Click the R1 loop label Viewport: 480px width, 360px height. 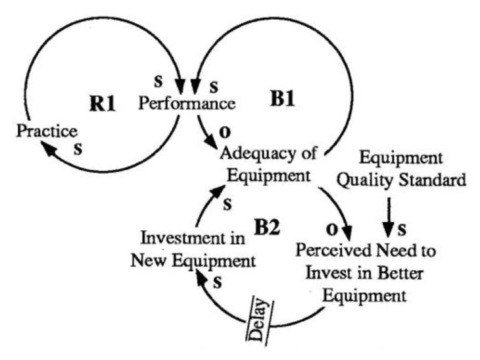click(x=103, y=103)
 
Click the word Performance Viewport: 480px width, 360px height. click(x=187, y=104)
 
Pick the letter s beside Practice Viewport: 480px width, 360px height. click(x=78, y=148)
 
